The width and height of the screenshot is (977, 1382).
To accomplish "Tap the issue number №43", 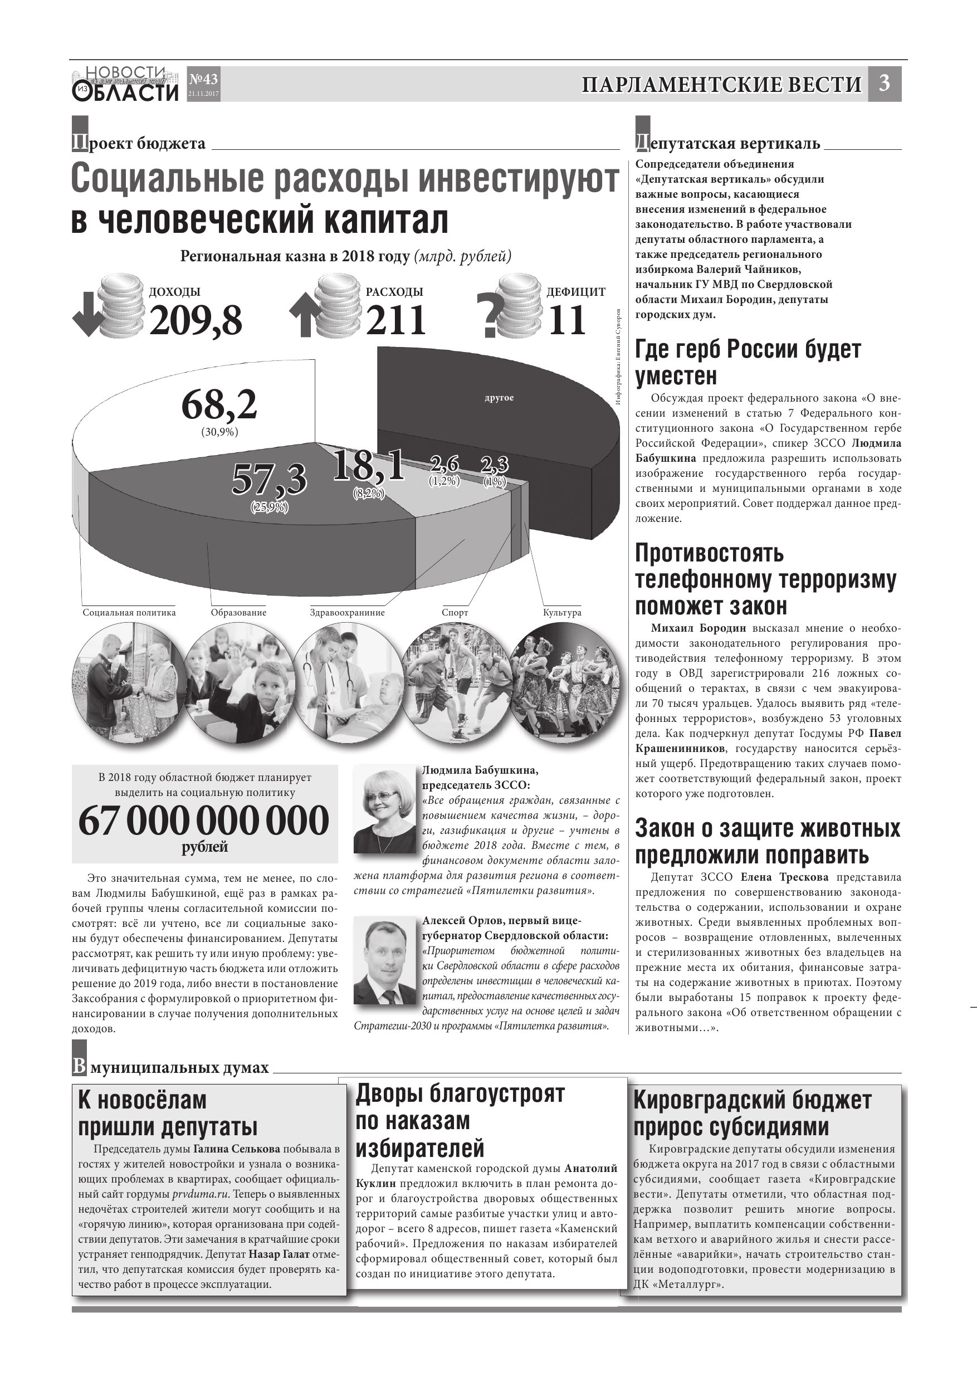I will click(x=203, y=80).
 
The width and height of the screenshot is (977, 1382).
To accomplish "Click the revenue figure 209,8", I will click(x=196, y=320).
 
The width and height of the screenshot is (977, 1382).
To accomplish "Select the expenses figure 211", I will click(x=395, y=320).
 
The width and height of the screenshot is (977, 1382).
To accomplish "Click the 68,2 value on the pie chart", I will click(x=219, y=405).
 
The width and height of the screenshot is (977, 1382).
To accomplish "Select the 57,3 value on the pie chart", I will click(x=269, y=480).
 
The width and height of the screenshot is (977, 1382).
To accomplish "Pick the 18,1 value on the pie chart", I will click(x=368, y=465).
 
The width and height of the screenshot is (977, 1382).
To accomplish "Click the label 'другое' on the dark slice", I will click(x=499, y=398).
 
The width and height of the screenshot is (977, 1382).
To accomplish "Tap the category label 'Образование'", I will click(x=238, y=613).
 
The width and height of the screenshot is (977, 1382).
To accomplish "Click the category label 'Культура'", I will click(x=561, y=613).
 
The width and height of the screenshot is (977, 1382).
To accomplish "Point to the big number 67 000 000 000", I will click(x=204, y=821).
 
